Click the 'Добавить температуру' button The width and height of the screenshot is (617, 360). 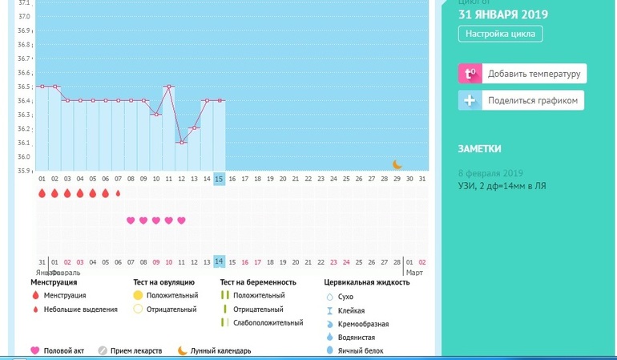point(522,75)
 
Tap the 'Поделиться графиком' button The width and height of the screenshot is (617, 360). point(521,100)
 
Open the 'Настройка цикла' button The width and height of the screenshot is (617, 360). point(501,34)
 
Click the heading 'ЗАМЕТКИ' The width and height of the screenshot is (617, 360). point(480,148)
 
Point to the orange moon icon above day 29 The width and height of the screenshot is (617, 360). point(397,164)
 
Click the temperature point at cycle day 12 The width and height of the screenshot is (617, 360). point(182,143)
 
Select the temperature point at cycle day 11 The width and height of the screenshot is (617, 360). point(169,87)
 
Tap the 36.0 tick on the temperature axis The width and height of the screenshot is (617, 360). point(24,156)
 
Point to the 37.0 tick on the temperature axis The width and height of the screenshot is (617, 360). point(24,17)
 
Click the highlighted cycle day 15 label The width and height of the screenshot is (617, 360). point(220,179)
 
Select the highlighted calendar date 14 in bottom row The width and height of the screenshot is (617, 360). point(220,261)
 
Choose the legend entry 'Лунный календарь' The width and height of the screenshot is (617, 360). point(220,350)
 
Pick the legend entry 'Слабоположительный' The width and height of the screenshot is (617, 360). point(268,323)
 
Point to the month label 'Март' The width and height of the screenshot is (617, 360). point(413,273)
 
